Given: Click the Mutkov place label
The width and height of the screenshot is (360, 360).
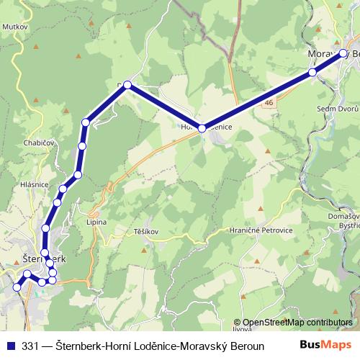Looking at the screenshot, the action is click(x=14, y=25).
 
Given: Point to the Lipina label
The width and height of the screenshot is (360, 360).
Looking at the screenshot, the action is click(x=96, y=222).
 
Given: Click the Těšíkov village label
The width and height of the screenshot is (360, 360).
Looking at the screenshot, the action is click(x=145, y=232).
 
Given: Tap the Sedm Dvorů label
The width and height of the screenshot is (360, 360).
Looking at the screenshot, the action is click(x=333, y=108).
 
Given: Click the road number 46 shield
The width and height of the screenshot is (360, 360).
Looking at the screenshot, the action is click(x=269, y=104).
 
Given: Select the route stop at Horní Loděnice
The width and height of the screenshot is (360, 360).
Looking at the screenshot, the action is click(x=202, y=128).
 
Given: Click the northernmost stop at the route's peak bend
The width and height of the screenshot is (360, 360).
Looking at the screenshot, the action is click(x=127, y=85).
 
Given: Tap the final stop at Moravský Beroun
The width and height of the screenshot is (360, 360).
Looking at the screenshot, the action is click(x=343, y=53).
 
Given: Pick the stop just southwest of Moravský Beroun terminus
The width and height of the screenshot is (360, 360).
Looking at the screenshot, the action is click(x=312, y=73).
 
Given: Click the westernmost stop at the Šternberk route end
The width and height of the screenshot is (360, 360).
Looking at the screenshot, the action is click(x=17, y=287).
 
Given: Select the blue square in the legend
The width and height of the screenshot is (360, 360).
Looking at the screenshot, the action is click(x=11, y=345).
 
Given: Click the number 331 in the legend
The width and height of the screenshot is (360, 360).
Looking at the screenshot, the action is click(x=30, y=345).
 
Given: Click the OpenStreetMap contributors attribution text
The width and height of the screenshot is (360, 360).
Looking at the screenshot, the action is click(x=297, y=323).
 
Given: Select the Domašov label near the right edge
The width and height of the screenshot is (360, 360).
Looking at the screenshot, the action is click(x=344, y=215).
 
